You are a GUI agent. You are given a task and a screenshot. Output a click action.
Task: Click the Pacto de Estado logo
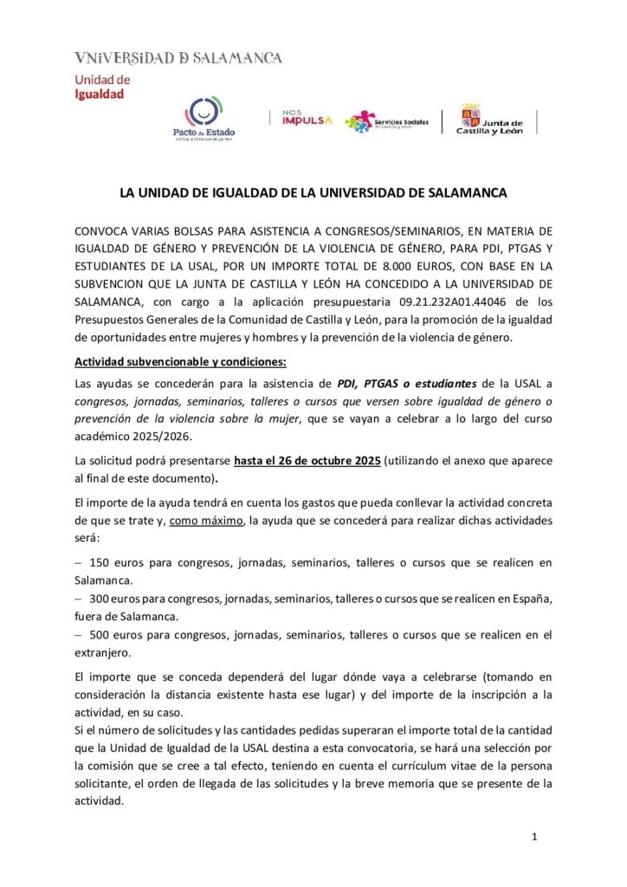point(204,119)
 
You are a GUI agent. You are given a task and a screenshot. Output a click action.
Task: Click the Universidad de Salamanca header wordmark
point(178,58)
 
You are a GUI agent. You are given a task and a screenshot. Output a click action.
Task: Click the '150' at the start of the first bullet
point(101,562)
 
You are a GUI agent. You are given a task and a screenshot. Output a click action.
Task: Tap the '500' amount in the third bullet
point(101,635)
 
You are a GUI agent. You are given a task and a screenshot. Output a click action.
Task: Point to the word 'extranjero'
point(104,652)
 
